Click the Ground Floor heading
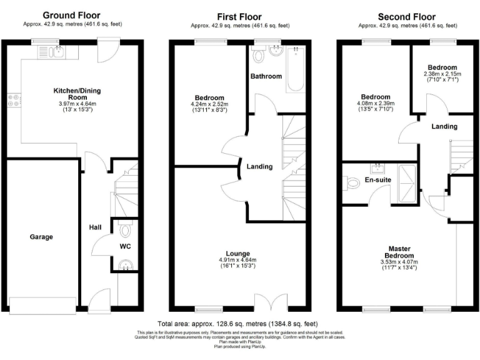71,15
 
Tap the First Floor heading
239,17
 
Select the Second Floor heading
407,17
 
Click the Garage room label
41,237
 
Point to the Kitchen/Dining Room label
77,94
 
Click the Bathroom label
266,77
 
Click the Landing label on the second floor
444,126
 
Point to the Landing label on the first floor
259,166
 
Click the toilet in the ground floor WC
125,231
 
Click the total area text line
238,324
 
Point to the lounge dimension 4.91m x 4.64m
237,260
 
